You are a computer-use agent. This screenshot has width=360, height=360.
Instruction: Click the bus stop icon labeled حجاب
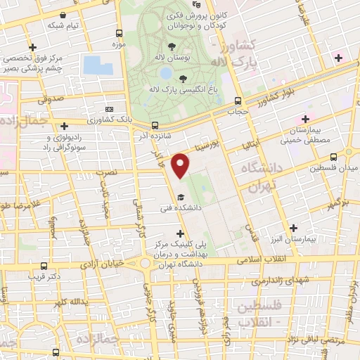(238, 101)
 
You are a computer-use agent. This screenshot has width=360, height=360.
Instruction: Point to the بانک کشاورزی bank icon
(109, 110)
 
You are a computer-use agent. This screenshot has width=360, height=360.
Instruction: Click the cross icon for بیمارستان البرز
(293, 227)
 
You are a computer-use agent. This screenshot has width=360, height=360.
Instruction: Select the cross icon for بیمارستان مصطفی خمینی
(304, 119)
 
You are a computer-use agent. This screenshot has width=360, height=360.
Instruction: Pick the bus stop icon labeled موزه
(117, 33)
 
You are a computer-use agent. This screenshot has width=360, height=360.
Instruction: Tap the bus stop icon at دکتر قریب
(44, 266)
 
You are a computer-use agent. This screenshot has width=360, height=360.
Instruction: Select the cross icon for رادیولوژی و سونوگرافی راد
(63, 124)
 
